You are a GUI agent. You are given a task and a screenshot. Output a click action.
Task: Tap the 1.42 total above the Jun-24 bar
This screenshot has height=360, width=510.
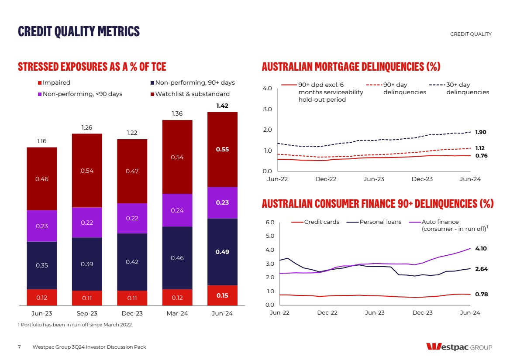(222, 106)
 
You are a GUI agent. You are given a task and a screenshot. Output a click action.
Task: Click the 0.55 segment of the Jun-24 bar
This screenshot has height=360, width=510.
(222, 149)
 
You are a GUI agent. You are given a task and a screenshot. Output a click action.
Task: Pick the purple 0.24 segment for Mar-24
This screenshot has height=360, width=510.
(177, 210)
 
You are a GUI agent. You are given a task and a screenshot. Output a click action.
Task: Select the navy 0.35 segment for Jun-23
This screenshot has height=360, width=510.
(41, 265)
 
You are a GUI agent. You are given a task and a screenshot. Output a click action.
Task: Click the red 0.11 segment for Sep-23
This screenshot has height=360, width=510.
(87, 298)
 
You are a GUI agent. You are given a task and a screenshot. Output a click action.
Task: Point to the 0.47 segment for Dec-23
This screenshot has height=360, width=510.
(132, 171)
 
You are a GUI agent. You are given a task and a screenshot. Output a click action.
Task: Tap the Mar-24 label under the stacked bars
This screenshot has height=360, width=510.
(177, 313)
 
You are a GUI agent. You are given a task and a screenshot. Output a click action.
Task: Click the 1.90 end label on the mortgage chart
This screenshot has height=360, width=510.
(481, 132)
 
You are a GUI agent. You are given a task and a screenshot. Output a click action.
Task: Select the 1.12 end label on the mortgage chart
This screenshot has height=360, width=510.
(480, 148)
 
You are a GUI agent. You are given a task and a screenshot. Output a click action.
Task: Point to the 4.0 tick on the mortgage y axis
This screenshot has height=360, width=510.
(268, 89)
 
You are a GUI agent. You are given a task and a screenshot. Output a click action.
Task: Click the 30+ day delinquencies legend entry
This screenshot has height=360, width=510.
(467, 89)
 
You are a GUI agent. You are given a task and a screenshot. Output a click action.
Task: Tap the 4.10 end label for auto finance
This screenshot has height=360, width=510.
(481, 248)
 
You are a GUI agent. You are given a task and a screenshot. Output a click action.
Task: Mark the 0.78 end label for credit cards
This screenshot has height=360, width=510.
(481, 295)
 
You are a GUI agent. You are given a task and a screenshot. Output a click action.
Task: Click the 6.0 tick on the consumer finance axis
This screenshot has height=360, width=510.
(270, 223)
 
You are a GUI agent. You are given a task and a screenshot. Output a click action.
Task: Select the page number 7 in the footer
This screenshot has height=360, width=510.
(19, 347)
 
